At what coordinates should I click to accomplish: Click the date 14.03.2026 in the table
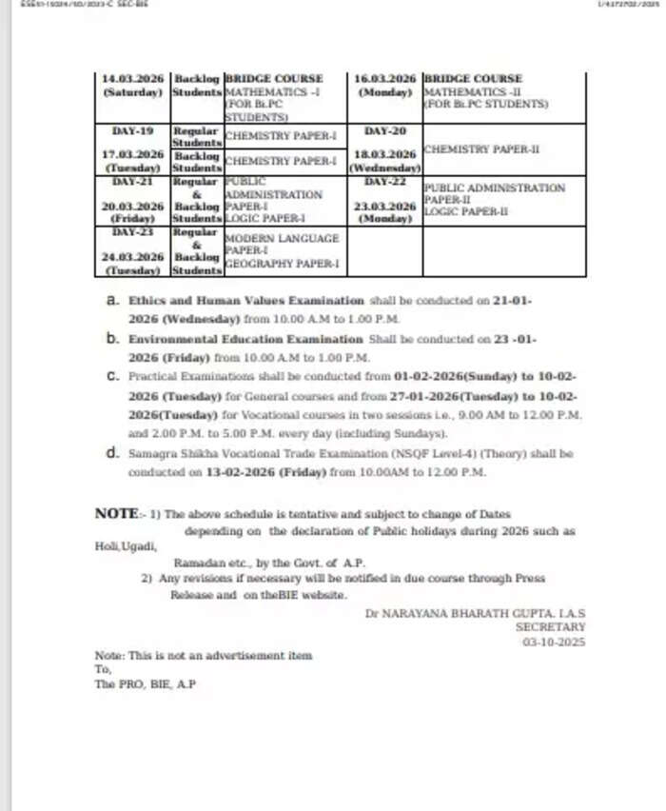click(x=133, y=78)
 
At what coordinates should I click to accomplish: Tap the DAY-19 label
click(x=133, y=129)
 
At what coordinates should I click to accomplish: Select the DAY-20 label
click(x=385, y=129)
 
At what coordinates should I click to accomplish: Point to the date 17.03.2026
click(x=133, y=153)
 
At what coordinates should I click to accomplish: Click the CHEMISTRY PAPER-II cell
click(x=481, y=149)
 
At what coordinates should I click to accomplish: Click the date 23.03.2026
click(x=385, y=206)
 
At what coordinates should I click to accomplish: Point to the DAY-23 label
click(x=133, y=231)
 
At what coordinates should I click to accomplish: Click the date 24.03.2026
click(x=133, y=256)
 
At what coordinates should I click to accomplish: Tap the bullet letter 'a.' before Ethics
click(x=112, y=300)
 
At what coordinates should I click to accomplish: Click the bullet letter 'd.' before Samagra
click(x=112, y=453)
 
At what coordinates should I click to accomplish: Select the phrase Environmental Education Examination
click(x=246, y=339)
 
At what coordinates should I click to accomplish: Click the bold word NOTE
click(x=117, y=513)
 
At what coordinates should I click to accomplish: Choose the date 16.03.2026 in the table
click(x=385, y=78)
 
